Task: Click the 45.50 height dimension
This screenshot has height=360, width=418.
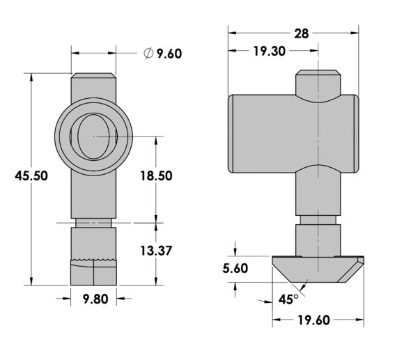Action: (x=31, y=176)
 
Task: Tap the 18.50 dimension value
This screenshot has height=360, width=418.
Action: (x=157, y=176)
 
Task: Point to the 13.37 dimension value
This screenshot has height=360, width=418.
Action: (x=157, y=251)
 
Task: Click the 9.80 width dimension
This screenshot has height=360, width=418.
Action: (x=95, y=299)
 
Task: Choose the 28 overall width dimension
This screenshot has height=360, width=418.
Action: (x=301, y=34)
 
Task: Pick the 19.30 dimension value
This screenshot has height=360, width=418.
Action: (x=269, y=51)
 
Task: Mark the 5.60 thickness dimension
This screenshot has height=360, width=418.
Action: (x=235, y=268)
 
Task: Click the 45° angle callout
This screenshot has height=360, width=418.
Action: (x=288, y=299)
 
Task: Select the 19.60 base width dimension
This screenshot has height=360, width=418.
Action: (x=313, y=320)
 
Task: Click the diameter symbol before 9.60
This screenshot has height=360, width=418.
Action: (x=148, y=54)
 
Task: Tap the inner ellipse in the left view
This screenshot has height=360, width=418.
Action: (x=93, y=136)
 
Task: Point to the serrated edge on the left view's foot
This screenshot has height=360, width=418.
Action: (x=93, y=260)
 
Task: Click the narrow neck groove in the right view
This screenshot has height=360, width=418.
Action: (x=318, y=220)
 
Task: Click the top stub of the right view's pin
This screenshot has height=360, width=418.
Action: (x=318, y=83)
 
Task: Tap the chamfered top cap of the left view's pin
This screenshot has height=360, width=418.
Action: (x=93, y=75)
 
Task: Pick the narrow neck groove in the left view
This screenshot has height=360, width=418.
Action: (x=93, y=223)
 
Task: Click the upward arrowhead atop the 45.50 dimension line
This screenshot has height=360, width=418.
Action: (x=31, y=77)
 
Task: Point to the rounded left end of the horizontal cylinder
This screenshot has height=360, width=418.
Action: (x=231, y=134)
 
